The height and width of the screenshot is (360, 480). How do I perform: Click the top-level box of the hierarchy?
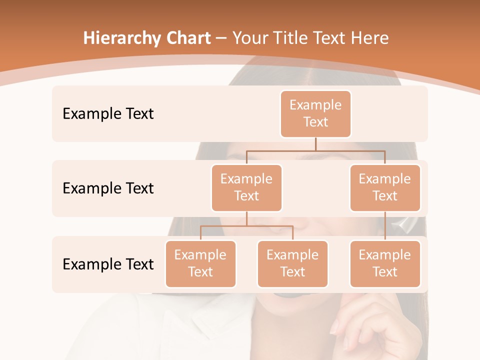[315, 113]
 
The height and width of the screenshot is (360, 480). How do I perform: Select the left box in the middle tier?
[246, 187]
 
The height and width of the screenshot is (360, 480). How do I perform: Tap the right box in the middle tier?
[385, 187]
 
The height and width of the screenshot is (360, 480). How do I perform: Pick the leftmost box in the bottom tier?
[200, 263]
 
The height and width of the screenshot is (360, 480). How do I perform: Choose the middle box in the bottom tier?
[292, 263]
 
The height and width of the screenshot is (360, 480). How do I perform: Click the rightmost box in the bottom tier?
[385, 263]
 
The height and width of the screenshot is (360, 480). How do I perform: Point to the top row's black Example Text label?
[108, 114]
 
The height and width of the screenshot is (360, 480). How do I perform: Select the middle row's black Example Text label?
[108, 188]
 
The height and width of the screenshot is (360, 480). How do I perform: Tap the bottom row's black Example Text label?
[108, 264]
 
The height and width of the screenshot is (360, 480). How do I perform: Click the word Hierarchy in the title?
[122, 38]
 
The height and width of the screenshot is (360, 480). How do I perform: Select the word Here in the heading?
[370, 38]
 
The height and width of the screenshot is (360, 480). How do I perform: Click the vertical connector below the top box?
[315, 144]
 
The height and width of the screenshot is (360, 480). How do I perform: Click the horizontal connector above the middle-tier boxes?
[315, 150]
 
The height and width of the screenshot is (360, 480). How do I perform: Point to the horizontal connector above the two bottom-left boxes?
[246, 226]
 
